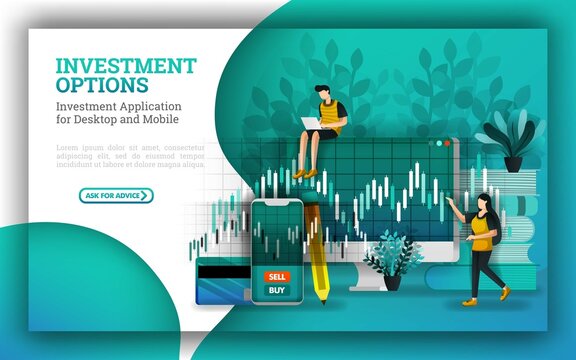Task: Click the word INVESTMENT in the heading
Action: pos(126,66)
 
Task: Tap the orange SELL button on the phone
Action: pos(277,276)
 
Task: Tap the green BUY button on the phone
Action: pos(277,291)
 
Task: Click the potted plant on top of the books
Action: pos(510,143)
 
